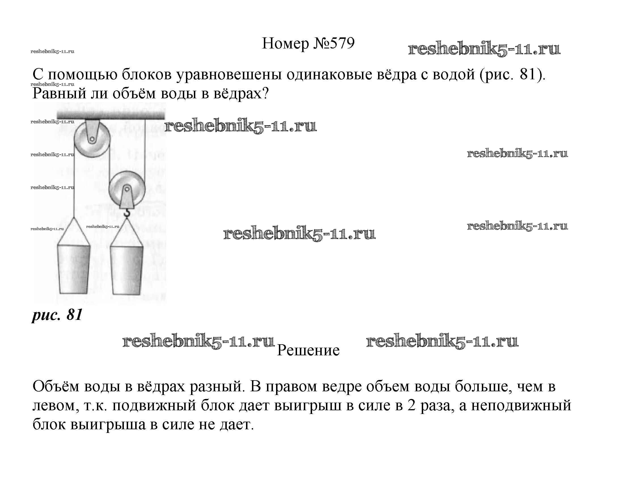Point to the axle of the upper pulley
point(92,139)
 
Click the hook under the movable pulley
point(127,212)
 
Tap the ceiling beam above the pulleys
point(111,115)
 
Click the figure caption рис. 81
point(57,315)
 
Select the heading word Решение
point(308,350)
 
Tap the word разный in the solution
point(217,387)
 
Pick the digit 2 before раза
point(412,405)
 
